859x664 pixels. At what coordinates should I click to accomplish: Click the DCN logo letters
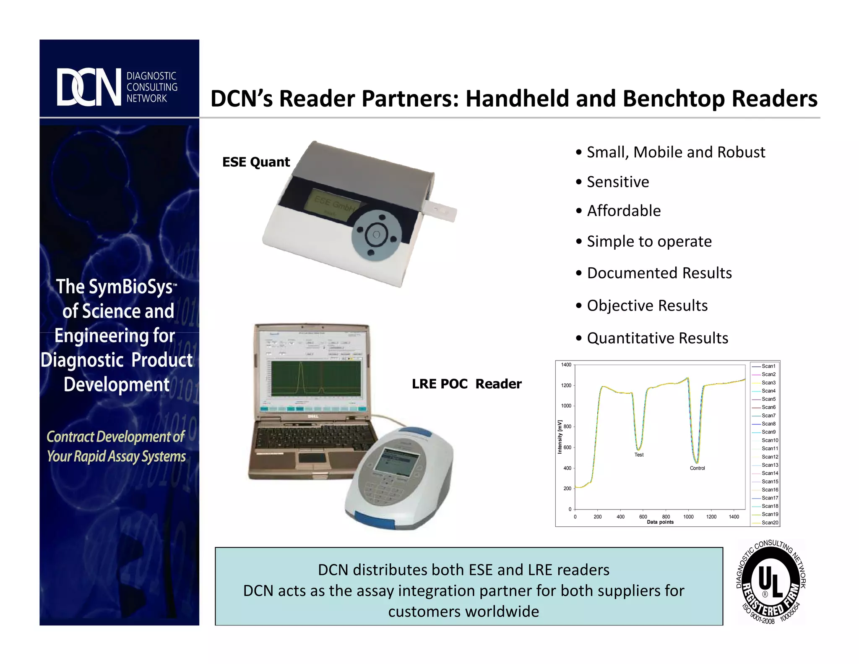[89, 87]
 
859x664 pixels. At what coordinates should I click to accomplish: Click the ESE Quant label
[256, 162]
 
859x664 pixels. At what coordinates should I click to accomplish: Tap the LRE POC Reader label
[466, 384]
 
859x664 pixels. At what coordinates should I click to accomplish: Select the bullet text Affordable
[623, 211]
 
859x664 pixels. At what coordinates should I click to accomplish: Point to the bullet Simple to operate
[649, 241]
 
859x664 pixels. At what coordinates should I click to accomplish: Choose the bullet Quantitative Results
[657, 338]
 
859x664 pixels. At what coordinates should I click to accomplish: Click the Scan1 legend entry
[768, 366]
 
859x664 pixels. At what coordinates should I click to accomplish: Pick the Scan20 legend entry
[770, 523]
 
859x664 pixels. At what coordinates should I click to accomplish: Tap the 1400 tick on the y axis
[566, 365]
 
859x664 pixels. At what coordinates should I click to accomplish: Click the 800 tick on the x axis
[666, 517]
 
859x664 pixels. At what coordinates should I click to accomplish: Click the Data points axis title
[660, 522]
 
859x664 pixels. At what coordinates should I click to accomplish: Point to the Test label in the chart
[639, 455]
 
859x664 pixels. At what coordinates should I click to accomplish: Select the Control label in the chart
[697, 468]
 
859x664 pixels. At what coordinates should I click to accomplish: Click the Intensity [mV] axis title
[560, 437]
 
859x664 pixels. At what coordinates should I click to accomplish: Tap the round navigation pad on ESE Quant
[376, 235]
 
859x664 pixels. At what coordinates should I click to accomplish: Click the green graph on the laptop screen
[315, 378]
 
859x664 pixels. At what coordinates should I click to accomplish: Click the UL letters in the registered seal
[770, 581]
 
